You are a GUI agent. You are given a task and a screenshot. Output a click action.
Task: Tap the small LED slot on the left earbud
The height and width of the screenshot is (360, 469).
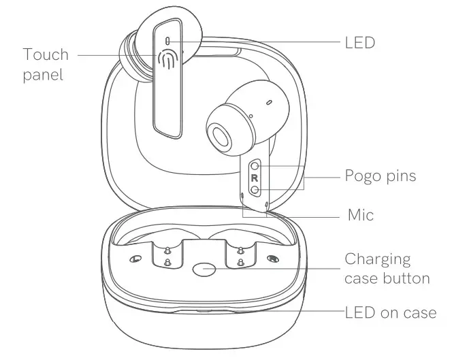pyautogui.click(x=168, y=42)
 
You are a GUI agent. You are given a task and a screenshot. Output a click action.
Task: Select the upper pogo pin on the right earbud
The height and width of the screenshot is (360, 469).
pyautogui.click(x=254, y=165)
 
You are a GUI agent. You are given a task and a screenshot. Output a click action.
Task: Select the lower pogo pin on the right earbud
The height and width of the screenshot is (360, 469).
pyautogui.click(x=254, y=190)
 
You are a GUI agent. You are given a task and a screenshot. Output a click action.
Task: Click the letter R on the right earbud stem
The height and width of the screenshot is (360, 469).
pyautogui.click(x=254, y=178)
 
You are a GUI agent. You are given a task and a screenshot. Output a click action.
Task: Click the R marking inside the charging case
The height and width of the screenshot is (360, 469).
pyautogui.click(x=272, y=259)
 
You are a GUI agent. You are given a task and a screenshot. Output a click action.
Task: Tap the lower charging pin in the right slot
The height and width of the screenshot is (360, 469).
pyautogui.click(x=240, y=263)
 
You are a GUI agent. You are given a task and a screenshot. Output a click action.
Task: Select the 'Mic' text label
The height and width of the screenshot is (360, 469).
pyautogui.click(x=360, y=215)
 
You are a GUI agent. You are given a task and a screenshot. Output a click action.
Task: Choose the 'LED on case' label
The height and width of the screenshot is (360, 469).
pyautogui.click(x=391, y=312)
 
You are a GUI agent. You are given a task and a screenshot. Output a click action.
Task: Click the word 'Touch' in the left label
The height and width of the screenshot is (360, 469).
pyautogui.click(x=46, y=54)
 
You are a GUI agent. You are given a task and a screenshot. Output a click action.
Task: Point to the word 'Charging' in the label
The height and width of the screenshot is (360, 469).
pyautogui.click(x=378, y=259)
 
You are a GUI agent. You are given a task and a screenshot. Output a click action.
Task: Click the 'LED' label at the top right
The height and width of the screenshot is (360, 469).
pyautogui.click(x=360, y=42)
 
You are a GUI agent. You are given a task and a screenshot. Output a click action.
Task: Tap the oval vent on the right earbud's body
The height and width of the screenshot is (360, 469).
pyautogui.click(x=268, y=102)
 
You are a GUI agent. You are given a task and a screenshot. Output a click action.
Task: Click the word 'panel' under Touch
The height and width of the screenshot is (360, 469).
pyautogui.click(x=43, y=74)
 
